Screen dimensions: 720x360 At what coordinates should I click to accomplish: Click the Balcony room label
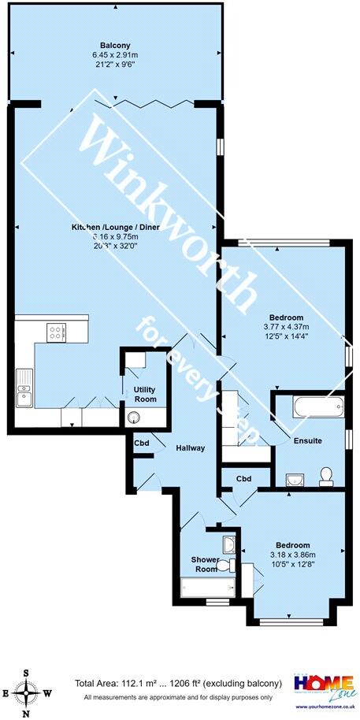115,44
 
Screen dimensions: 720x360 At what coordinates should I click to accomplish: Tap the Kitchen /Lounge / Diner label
115,227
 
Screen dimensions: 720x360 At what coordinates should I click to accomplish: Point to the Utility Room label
145,395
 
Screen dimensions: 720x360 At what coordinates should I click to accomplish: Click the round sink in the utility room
132,418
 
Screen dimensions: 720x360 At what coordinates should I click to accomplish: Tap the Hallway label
191,448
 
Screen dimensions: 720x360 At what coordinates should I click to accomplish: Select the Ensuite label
307,440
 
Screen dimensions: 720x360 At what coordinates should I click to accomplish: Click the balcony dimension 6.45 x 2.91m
115,55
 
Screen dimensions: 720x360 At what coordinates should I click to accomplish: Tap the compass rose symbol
28,692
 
